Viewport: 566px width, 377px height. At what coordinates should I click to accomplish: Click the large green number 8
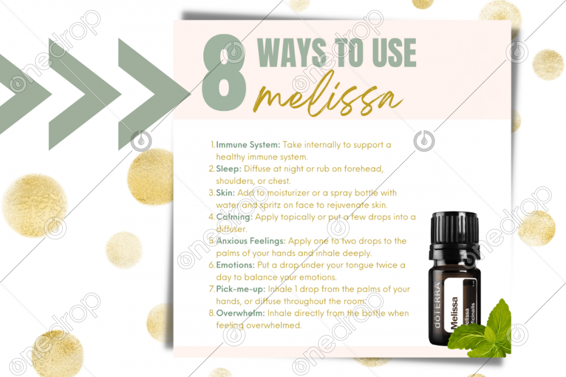(224, 72)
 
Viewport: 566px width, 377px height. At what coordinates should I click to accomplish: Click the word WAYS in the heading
(292, 53)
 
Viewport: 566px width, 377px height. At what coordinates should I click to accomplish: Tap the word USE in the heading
(394, 53)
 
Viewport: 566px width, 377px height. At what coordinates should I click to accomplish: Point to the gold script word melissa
(328, 94)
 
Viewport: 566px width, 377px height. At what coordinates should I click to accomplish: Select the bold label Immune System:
(248, 145)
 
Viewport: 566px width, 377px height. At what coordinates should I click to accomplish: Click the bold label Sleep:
(229, 169)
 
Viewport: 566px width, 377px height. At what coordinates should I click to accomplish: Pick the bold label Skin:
(225, 193)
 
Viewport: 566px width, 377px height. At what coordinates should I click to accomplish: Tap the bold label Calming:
(234, 218)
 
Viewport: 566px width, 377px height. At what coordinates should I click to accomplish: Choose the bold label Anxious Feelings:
(251, 241)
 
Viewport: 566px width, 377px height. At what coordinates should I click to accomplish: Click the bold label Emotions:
(235, 265)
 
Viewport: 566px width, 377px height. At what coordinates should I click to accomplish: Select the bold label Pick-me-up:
(241, 289)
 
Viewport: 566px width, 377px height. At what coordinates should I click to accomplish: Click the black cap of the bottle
(454, 230)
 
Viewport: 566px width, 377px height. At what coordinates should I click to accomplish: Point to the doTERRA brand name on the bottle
(437, 305)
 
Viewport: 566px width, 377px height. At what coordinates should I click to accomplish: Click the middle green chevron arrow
(85, 94)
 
